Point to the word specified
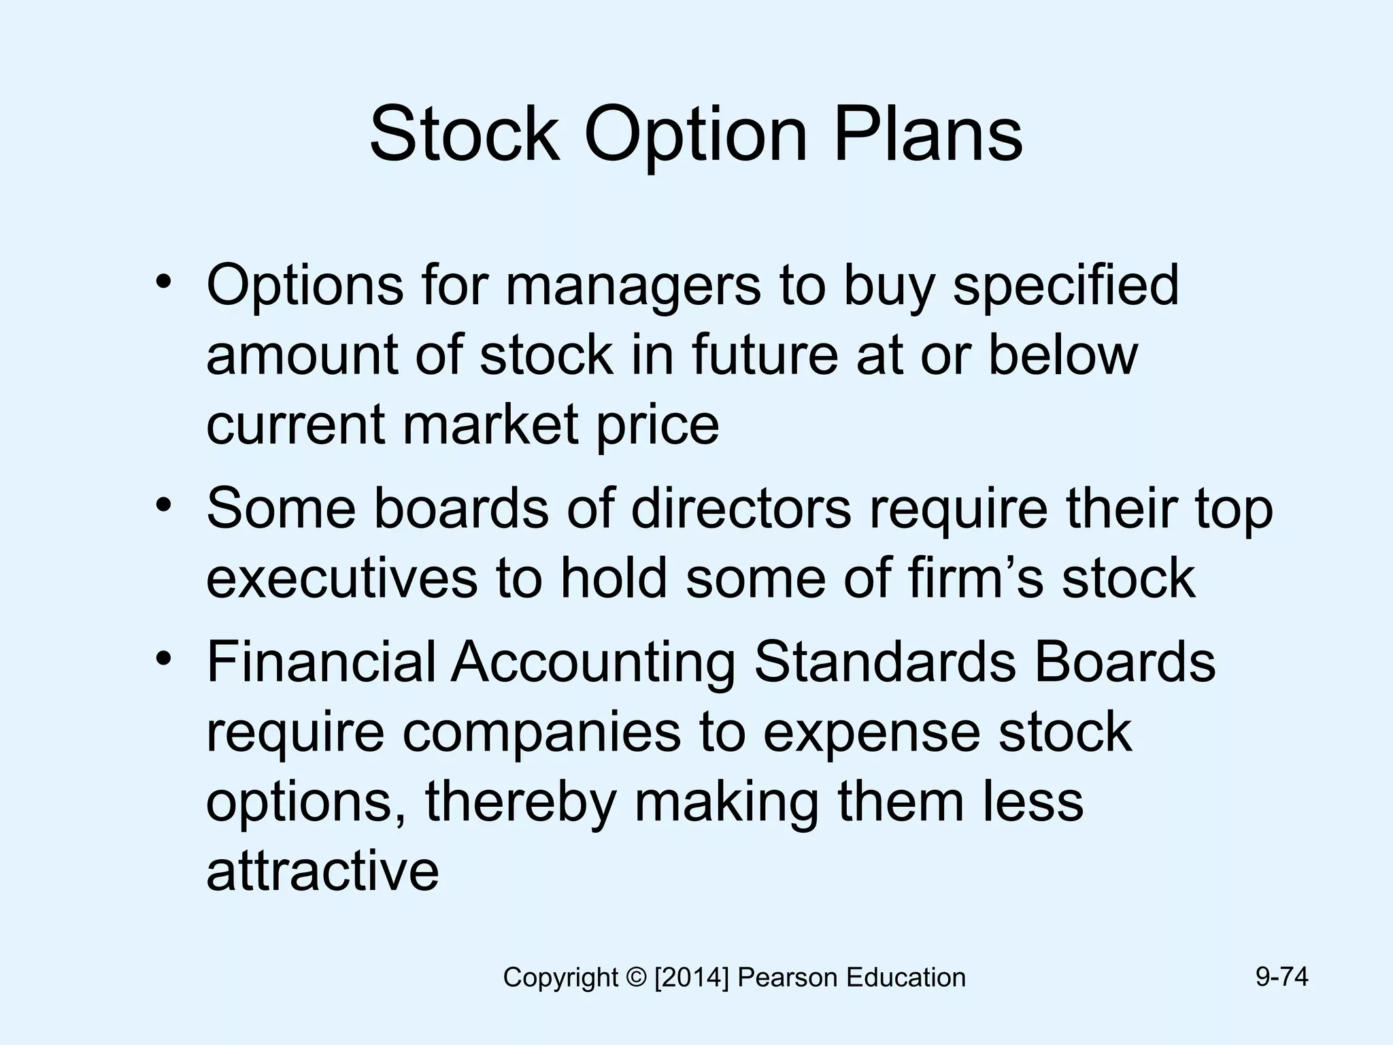tap(1066, 286)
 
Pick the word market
tap(490, 424)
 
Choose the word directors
tap(741, 508)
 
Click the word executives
tap(342, 578)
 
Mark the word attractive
tap(322, 870)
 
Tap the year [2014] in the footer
tap(692, 978)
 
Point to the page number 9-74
tap(1281, 977)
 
